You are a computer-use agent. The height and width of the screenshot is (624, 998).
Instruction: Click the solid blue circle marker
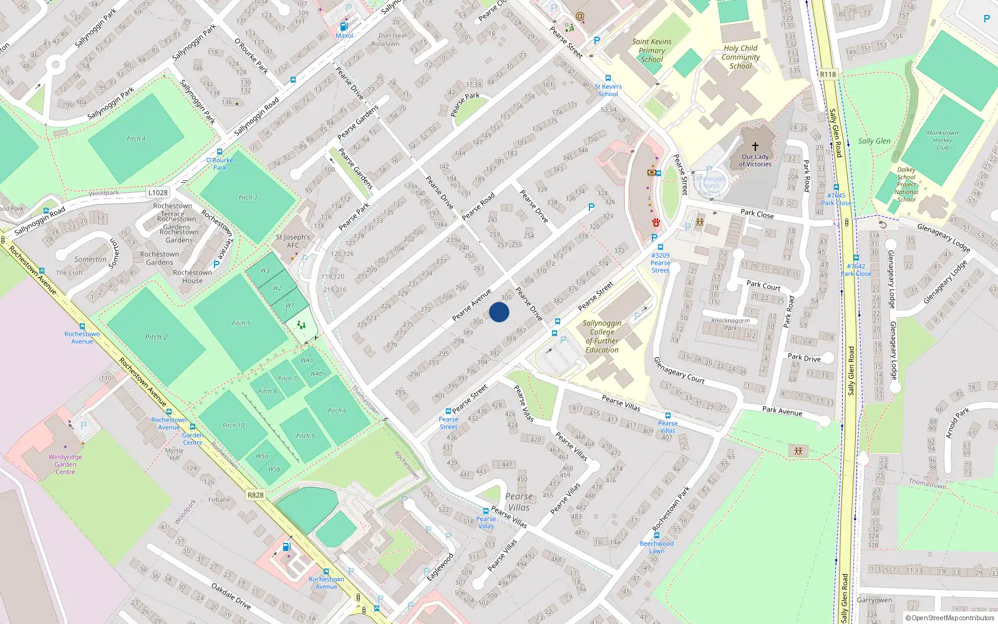(499, 312)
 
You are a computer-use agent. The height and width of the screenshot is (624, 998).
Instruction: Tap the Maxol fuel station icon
(343, 27)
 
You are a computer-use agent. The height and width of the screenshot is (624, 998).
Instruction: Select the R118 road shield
(828, 74)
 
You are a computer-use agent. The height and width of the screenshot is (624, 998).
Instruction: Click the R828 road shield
(255, 495)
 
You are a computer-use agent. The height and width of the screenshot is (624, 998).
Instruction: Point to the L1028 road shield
(158, 193)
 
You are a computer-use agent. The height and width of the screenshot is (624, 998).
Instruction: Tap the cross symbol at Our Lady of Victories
(755, 147)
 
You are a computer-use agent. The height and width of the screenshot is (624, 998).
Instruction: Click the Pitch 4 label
(136, 139)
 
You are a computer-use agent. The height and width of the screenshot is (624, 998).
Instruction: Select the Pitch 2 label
(156, 337)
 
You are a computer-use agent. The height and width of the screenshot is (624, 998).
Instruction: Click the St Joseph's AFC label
(293, 241)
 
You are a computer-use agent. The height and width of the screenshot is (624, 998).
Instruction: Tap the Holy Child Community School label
(740, 57)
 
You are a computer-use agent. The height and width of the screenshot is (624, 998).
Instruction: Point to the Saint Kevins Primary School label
(652, 51)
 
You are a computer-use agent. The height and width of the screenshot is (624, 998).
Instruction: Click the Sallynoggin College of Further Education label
(602, 336)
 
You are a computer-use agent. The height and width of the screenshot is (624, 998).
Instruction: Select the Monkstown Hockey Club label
(942, 140)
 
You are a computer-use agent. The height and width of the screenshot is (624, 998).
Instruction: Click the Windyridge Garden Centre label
(65, 464)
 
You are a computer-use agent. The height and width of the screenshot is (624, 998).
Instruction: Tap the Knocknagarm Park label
(730, 324)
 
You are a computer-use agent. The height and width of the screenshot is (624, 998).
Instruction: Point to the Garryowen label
(874, 600)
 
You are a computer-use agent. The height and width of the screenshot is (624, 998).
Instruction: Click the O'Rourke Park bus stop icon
(219, 152)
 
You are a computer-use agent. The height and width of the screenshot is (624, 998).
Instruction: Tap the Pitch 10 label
(233, 426)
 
